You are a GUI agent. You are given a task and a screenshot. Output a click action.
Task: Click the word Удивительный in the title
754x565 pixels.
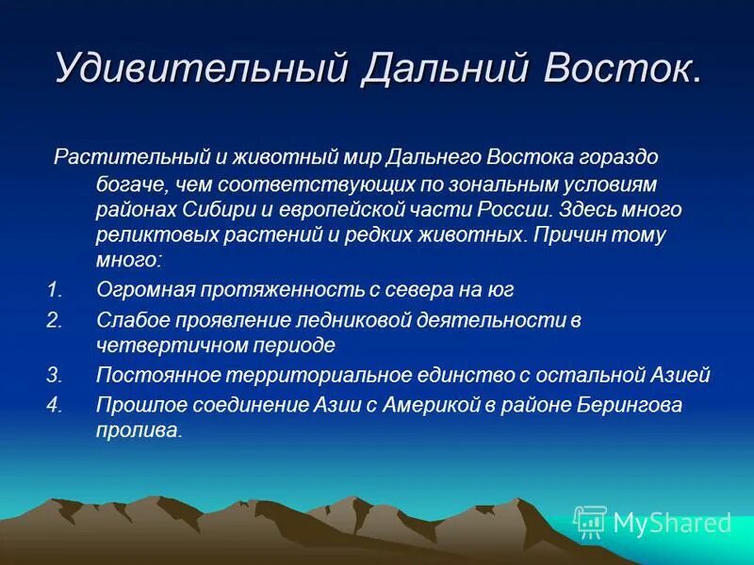[x=201, y=68]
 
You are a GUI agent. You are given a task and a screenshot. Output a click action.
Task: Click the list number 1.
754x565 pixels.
[x=56, y=290]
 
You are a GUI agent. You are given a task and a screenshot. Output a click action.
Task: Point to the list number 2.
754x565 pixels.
[x=55, y=320]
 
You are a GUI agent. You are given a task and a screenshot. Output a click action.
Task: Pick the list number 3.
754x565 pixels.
[x=55, y=375]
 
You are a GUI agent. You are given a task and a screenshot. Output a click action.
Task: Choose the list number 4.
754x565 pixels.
[x=55, y=405]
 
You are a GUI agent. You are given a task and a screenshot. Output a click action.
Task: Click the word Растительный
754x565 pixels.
[x=132, y=157]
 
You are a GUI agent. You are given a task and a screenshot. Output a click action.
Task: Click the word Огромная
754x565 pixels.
[x=145, y=291]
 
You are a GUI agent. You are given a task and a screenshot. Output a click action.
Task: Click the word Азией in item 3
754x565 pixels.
[x=680, y=375]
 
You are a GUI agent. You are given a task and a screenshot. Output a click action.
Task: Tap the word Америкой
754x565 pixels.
[x=432, y=405]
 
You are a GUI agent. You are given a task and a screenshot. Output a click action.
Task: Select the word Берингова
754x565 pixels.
[x=630, y=405]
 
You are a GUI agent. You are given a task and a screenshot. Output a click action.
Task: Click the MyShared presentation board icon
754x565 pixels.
[x=591, y=522]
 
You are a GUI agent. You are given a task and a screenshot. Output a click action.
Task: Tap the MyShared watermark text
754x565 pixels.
[x=672, y=523]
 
